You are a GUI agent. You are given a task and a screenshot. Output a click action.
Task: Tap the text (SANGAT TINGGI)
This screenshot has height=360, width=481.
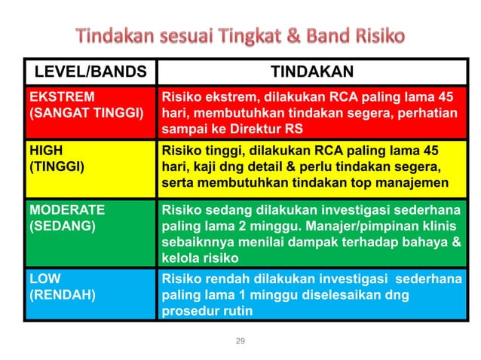pos(86,113)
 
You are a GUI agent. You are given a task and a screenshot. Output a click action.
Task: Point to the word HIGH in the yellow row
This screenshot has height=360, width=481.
pos(46,150)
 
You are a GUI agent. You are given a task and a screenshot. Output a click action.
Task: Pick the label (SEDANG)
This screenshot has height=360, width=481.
pos(62,224)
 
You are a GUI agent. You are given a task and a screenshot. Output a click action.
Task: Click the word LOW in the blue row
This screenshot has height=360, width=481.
pos(45,279)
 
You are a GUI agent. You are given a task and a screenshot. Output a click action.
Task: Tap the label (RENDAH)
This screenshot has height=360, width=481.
pos(63,294)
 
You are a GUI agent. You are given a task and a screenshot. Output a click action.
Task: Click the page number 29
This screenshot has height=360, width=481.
pos(240,341)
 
